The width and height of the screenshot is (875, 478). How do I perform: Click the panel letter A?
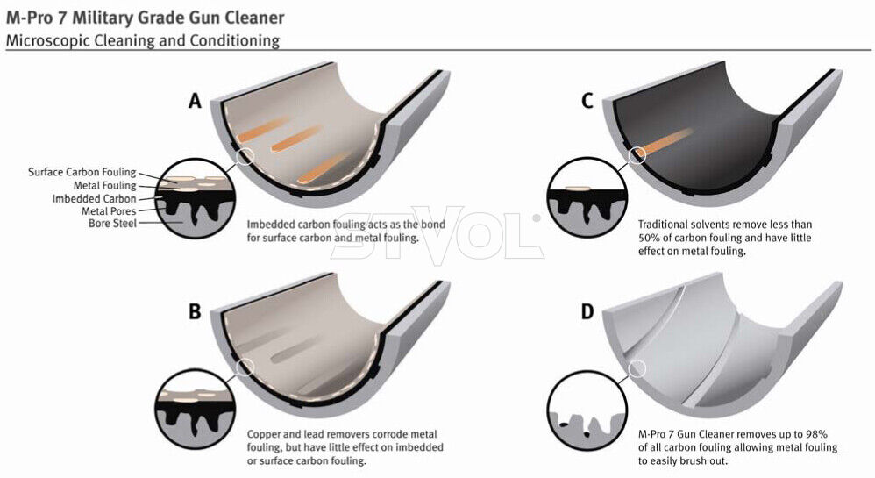[x=195, y=101]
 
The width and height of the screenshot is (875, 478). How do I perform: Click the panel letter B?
[x=195, y=311]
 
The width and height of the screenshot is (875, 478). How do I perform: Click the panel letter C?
[x=587, y=101]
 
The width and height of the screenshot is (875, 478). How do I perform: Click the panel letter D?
[x=587, y=311]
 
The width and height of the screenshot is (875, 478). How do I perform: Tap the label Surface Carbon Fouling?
[x=82, y=172]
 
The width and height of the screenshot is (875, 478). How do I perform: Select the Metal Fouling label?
[x=105, y=185]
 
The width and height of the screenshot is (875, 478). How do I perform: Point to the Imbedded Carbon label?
[x=95, y=199]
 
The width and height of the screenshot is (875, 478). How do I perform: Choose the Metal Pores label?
[x=109, y=211]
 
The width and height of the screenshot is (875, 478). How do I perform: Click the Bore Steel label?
[x=113, y=224]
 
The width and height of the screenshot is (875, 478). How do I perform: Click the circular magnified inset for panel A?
[x=194, y=199]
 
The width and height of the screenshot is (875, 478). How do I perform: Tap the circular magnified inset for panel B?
[x=194, y=408]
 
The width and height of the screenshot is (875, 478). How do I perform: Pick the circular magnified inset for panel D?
[x=587, y=410]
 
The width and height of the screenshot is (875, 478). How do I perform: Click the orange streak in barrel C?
[x=664, y=142]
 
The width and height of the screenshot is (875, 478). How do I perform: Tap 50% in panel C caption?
[x=649, y=238]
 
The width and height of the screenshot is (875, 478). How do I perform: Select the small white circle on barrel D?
[x=637, y=368]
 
